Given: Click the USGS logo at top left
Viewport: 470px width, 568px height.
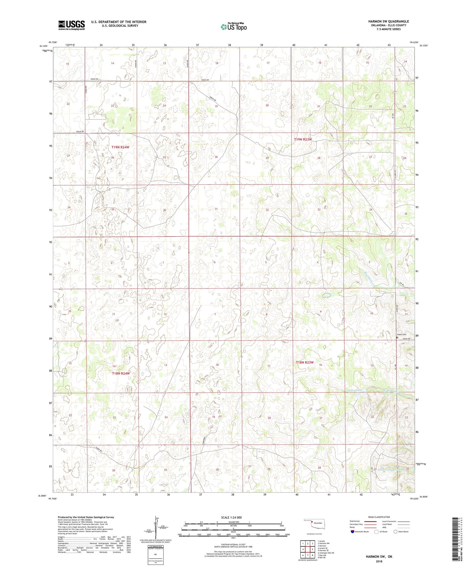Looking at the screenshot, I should pos(71,25).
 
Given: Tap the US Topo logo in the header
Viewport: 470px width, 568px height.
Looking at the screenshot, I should pos(233,27).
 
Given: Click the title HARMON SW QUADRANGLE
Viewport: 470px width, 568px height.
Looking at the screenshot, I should pos(389,21).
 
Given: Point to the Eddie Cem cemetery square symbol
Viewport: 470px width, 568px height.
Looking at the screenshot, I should pos(397,338).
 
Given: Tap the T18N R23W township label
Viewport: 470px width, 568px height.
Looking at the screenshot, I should pos(305,362).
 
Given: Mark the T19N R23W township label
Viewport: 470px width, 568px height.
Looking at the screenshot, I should pos(303,139).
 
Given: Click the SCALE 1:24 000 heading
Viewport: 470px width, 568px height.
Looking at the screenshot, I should pos(233,518).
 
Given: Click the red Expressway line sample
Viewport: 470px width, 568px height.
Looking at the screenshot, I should pos(372,521).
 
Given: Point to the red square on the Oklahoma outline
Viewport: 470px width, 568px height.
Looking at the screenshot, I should pos(312,522).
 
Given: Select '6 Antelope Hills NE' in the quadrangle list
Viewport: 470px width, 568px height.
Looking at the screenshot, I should pos(326,553).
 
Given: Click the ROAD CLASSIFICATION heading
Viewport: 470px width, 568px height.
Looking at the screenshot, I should pos(379,517).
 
